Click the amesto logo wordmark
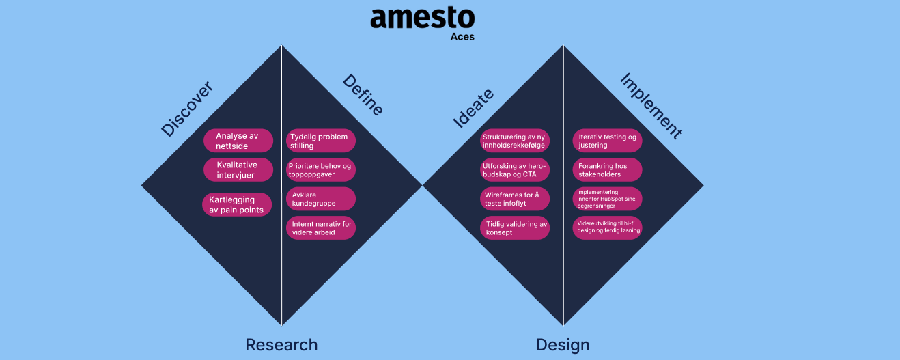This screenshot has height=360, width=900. tap(422, 18)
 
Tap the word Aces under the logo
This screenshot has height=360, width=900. tap(462, 37)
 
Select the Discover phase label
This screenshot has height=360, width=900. tap(187, 109)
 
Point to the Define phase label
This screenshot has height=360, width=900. tap(363, 95)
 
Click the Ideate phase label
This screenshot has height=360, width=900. tap(473, 108)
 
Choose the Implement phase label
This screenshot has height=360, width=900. tap(651, 106)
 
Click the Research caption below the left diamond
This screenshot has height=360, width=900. tap(281, 345)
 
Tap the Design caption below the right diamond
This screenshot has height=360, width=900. tap(563, 345)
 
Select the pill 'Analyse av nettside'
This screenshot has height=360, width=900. tap(238, 141)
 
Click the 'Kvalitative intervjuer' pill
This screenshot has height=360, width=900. tap(238, 169)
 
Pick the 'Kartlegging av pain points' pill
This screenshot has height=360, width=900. tap(237, 204)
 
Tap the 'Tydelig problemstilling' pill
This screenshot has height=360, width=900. tap(321, 141)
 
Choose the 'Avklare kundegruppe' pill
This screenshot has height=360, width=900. tap(321, 199)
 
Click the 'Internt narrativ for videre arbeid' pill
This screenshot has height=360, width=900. tap(321, 227)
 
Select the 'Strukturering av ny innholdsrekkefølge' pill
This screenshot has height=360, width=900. tap(515, 141)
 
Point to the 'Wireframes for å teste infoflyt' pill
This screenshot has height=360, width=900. tap(515, 199)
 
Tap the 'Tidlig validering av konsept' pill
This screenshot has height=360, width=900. tap(515, 227)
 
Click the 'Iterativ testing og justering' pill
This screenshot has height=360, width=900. tap(607, 141)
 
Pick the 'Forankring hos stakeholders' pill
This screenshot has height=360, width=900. tap(607, 169)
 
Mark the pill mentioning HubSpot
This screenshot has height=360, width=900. tap(607, 199)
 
